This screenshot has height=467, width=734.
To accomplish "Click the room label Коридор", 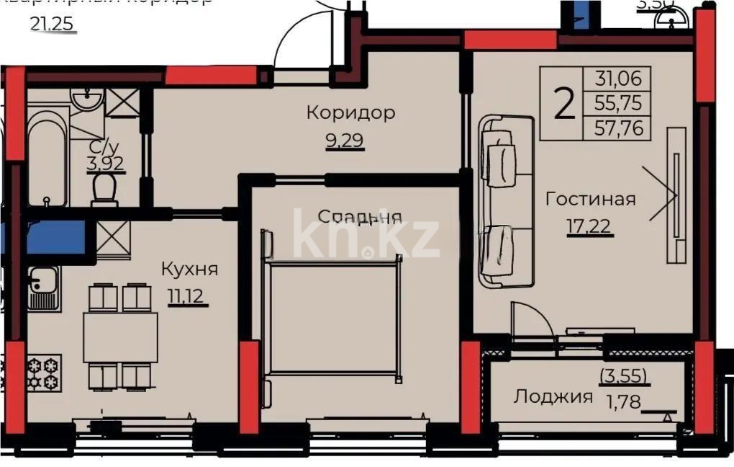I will coord(350,113).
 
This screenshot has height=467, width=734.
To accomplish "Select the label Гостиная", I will coord(590,199).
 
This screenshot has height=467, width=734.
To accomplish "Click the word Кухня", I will coord(189,270).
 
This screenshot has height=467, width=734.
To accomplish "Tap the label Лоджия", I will coord(553,396).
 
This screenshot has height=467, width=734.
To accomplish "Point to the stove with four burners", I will coord(44,372).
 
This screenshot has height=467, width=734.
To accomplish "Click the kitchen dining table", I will coord(120,337).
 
